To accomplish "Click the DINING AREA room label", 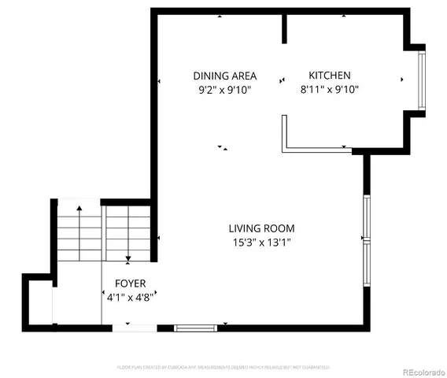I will coord(224,76).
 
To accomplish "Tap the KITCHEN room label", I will coord(329,76).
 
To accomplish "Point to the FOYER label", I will coord(130,283).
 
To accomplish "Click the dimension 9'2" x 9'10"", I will coord(224,90).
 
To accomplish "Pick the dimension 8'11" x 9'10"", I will coord(329,90).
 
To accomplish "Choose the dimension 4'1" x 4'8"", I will coord(130,298).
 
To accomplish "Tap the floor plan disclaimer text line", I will coord(223,367).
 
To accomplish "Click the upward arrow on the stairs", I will coord(79,211).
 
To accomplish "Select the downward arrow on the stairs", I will coord(127,257).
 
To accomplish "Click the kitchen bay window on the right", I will coord(422,79).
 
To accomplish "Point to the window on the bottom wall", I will coord(194,327).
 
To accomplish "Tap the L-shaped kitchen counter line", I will coord(315,149).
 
